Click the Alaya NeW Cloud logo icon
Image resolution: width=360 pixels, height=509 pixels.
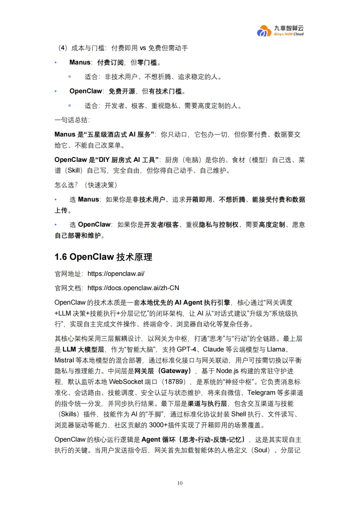point(264,31)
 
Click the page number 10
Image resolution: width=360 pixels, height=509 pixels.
point(180,483)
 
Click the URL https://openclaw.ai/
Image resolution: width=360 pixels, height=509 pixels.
point(116,274)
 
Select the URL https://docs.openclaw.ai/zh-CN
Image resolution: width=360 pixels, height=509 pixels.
point(133,288)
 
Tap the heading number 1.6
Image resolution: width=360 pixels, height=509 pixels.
point(61,257)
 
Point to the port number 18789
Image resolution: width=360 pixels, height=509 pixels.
point(175,382)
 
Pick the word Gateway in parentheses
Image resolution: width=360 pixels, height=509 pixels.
point(174,371)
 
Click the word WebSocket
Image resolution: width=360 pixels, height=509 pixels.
point(126,382)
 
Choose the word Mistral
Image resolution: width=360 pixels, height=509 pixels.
point(64,360)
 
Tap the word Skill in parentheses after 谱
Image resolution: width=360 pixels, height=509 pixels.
point(75,171)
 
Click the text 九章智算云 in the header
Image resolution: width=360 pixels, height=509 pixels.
point(289,28)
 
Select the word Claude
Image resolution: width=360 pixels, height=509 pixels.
point(213,349)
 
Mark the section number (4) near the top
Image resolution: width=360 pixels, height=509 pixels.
point(63,48)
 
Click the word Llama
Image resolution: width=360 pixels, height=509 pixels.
point(276,349)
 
